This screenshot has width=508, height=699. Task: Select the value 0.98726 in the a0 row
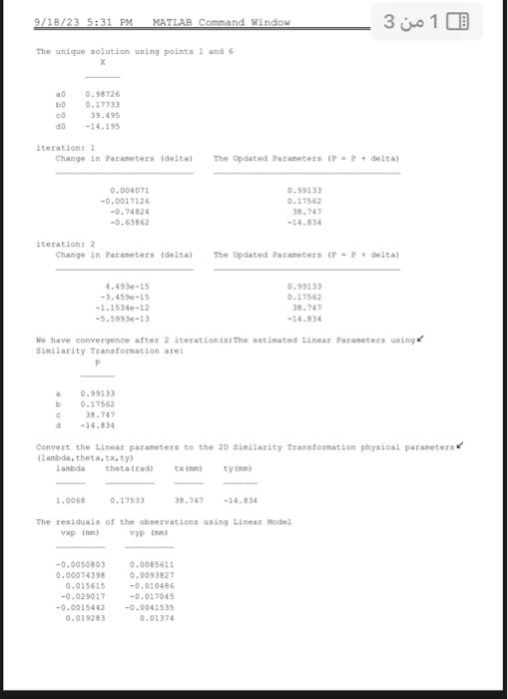pos(104,92)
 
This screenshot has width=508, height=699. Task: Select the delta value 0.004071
pos(131,189)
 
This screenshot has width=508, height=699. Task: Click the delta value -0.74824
pos(131,211)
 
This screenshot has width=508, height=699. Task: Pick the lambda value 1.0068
pos(72,499)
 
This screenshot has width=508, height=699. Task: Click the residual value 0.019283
pos(84,618)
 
